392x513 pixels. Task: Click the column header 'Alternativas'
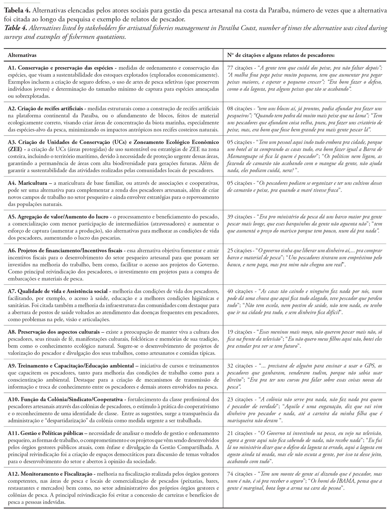pos(22,56)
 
